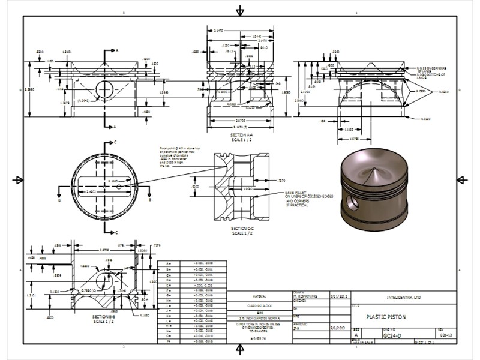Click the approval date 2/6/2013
click(x=337, y=328)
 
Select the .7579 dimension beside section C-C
click(x=281, y=179)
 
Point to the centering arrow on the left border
click(x=18, y=180)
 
